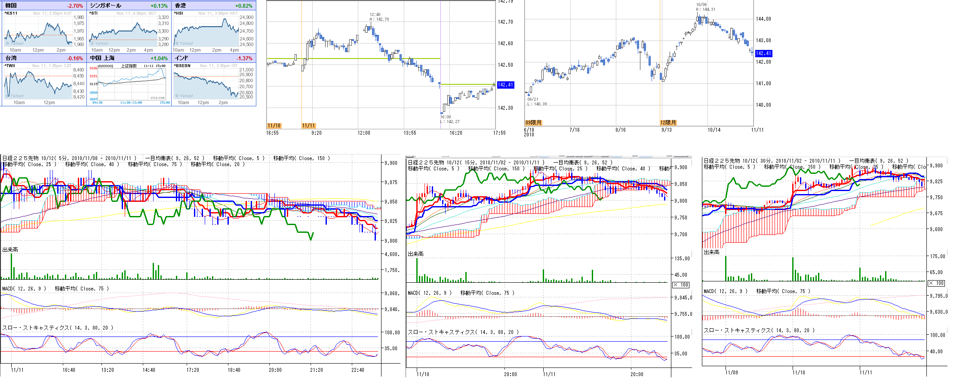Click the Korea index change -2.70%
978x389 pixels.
(75, 6)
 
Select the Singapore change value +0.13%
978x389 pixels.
(159, 6)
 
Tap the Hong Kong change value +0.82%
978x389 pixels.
(244, 6)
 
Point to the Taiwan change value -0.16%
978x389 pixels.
(75, 59)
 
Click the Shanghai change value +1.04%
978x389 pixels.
(159, 59)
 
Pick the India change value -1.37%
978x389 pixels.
(244, 59)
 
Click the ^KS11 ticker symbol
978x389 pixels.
(11, 13)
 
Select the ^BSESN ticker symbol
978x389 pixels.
(182, 66)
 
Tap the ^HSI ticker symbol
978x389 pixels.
(178, 13)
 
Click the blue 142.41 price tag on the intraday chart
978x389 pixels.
(505, 85)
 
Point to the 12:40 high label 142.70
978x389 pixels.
(379, 19)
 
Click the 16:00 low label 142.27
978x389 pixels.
(449, 122)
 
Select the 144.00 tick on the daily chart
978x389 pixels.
(763, 19)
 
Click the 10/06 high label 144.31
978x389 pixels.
(706, 9)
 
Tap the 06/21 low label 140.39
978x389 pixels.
(537, 104)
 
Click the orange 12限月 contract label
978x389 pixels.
(668, 123)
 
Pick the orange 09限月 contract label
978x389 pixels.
(533, 123)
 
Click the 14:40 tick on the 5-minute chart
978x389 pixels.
(149, 370)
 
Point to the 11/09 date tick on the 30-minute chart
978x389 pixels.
(731, 373)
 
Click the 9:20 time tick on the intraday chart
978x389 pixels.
(316, 133)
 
